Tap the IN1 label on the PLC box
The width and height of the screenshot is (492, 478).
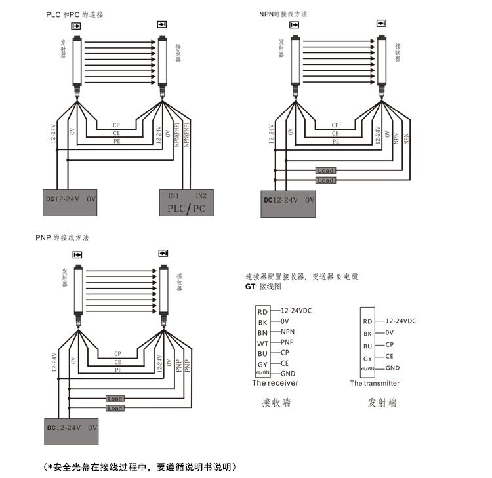[173, 195]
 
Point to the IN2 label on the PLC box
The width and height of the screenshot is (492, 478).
[200, 195]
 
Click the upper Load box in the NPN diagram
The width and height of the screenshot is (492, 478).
[325, 170]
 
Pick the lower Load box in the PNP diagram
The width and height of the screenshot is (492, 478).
[115, 408]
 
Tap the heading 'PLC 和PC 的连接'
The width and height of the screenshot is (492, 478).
[74, 14]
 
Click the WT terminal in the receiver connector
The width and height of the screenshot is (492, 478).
[262, 342]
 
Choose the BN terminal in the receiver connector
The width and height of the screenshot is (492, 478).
[262, 332]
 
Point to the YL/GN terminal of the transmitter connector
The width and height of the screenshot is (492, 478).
[367, 369]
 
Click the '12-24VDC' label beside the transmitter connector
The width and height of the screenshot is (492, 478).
[400, 321]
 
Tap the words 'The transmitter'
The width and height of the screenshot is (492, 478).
[374, 383]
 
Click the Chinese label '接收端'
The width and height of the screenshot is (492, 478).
[276, 402]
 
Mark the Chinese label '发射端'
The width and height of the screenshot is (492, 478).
[382, 402]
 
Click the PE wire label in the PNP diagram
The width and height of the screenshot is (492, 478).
[117, 370]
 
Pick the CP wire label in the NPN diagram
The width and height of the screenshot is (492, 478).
[335, 125]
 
